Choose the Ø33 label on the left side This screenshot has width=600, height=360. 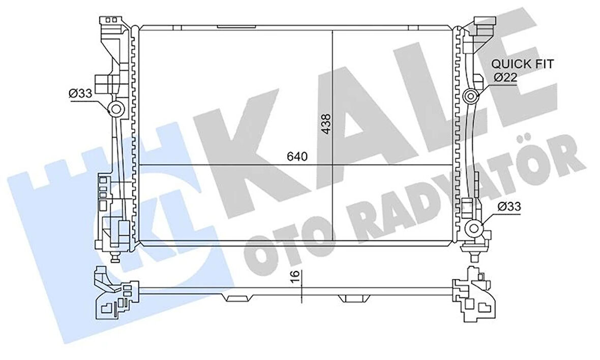pos(80,93)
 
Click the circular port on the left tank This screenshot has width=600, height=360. pos(116,108)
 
